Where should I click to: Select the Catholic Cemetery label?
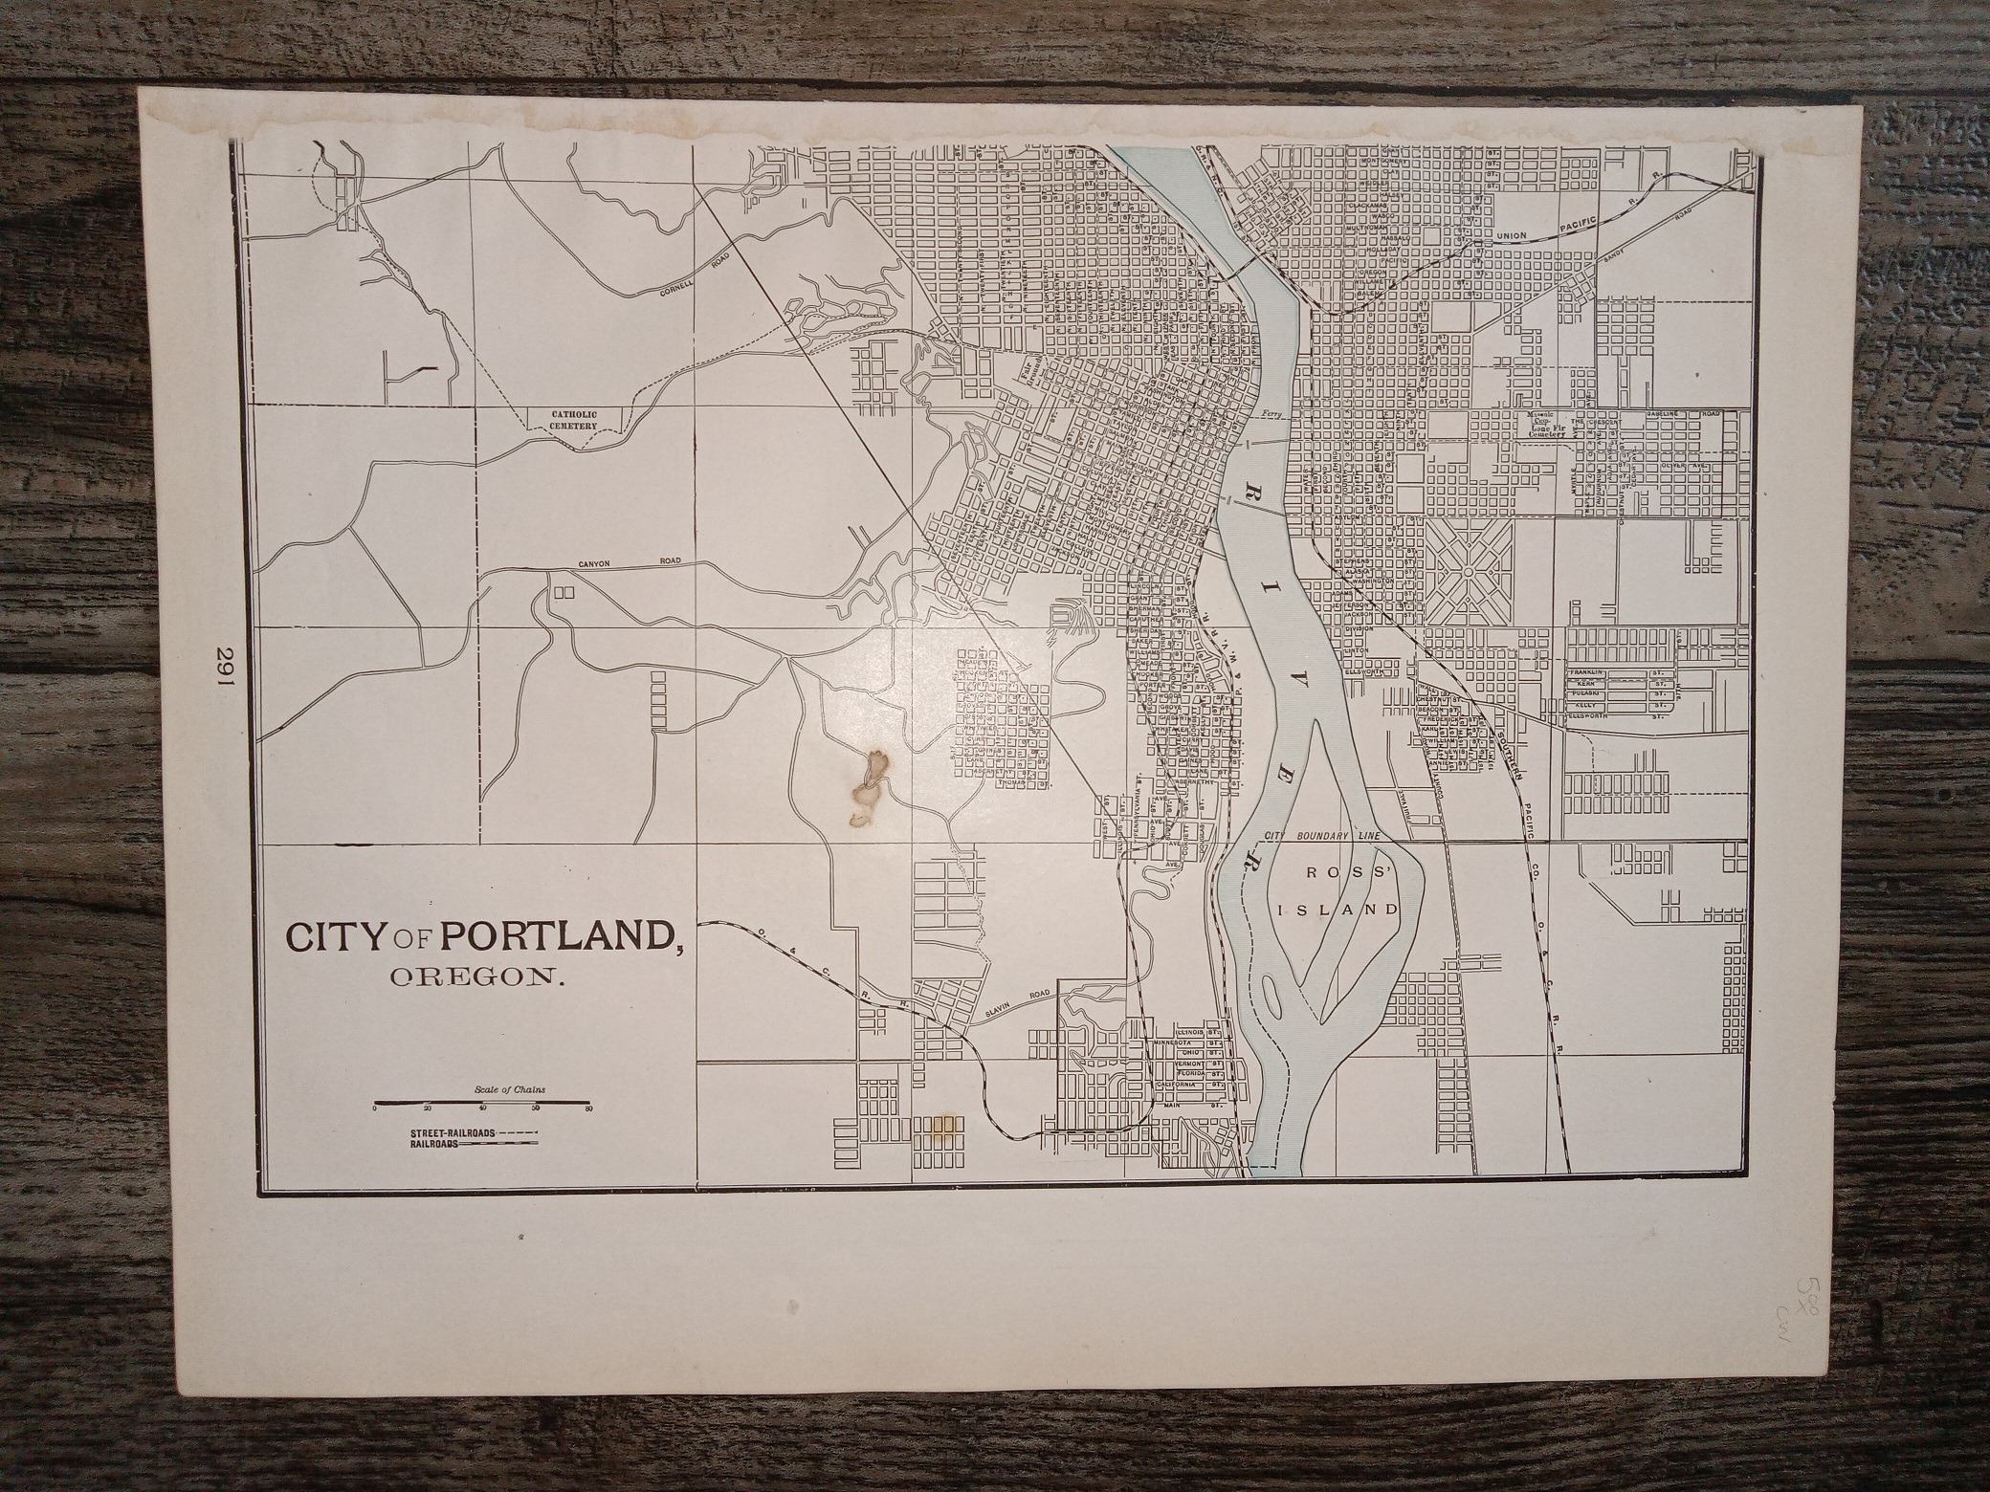coord(573,421)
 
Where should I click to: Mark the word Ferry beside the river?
coord(1271,414)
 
